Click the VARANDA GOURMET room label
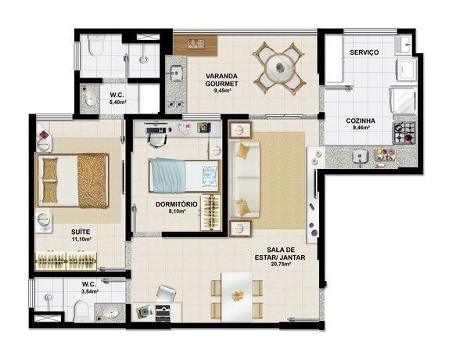point(221,80)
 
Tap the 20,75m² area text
point(280,265)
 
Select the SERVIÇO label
point(364,52)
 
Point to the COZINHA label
point(361,121)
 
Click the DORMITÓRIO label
point(177,204)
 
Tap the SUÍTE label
point(81,232)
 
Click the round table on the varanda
point(281,68)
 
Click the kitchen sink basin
point(361,157)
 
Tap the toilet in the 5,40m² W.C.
point(95,46)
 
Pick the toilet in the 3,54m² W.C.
point(81,311)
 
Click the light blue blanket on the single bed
point(168,176)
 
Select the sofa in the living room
point(244,179)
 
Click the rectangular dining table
point(236,297)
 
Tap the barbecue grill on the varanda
point(195,45)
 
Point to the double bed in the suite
point(72,180)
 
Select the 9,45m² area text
point(222,91)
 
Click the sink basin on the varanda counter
point(175,73)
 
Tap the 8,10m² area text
point(177,211)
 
